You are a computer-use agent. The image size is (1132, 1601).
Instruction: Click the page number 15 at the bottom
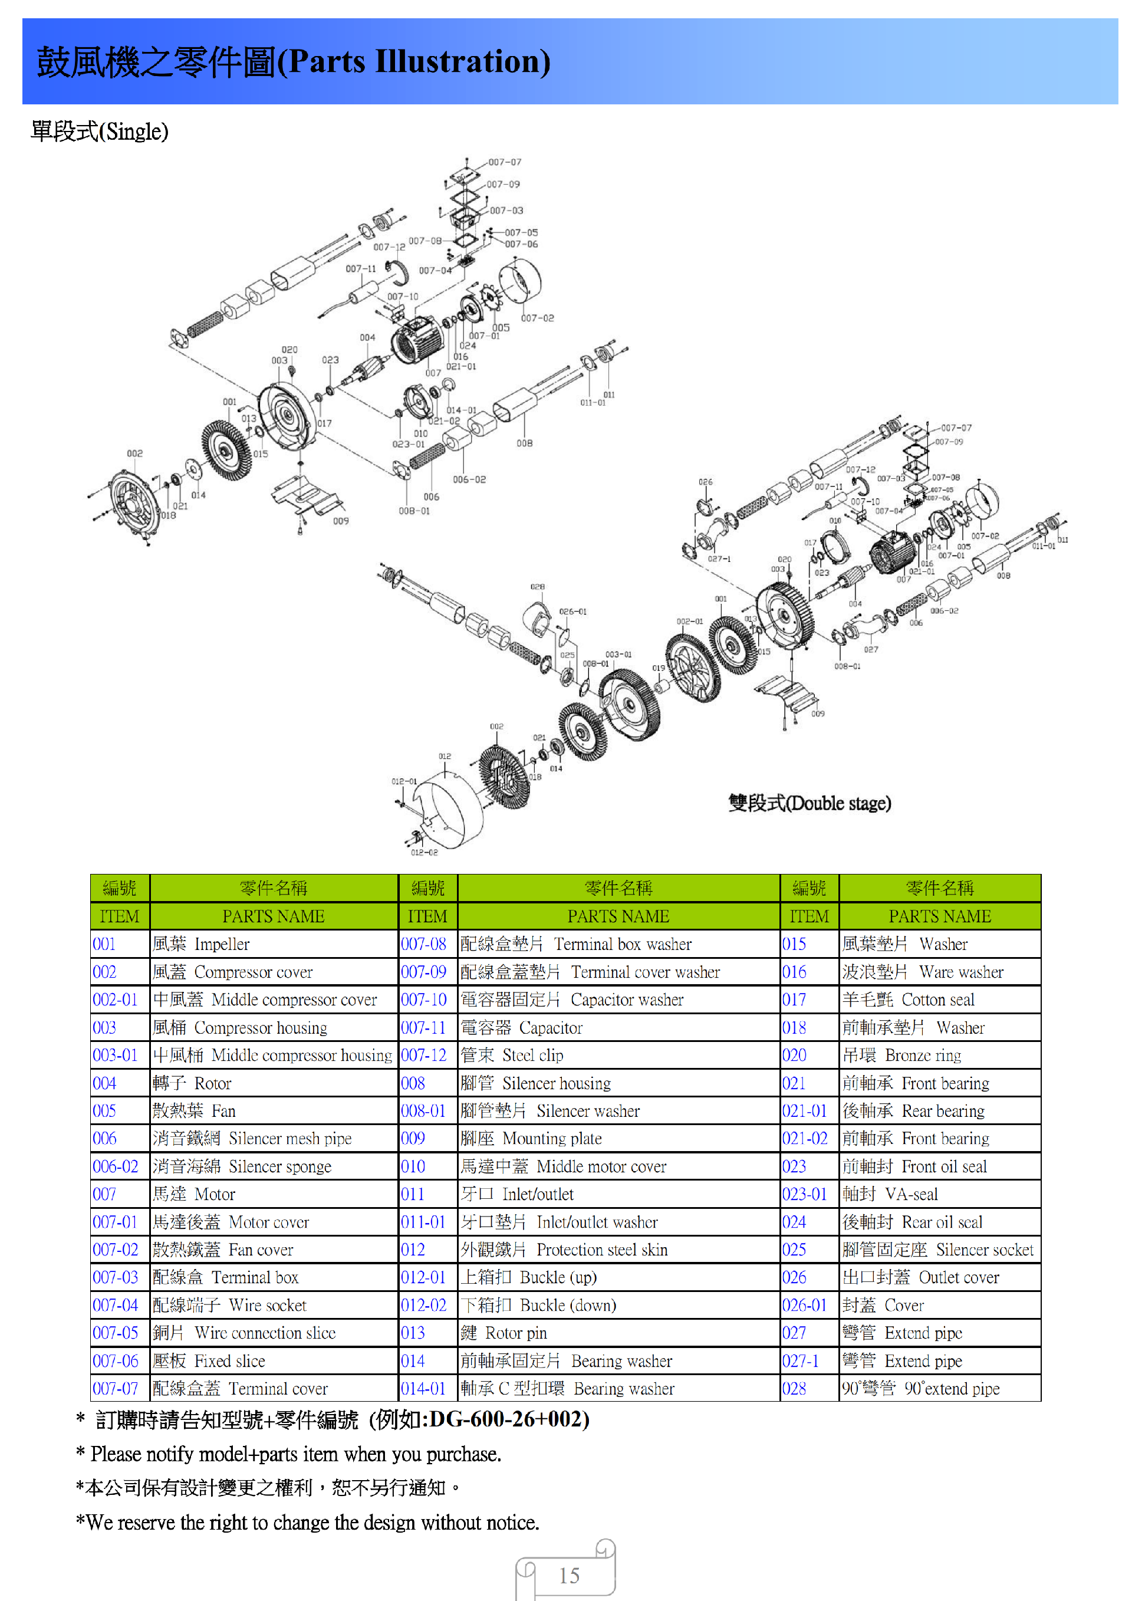(x=569, y=1575)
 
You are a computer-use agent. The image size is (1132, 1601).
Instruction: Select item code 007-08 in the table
(x=423, y=944)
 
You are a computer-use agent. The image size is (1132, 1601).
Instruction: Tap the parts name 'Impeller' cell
(x=222, y=944)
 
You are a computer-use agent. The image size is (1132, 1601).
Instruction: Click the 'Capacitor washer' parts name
(x=627, y=1000)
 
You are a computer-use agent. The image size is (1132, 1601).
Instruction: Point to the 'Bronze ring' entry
(x=922, y=1055)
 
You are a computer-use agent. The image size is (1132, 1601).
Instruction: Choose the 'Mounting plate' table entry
(x=551, y=1139)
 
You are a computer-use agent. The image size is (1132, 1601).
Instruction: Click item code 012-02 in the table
(x=423, y=1306)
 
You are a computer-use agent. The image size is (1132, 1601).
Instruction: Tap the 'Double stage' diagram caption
(x=809, y=803)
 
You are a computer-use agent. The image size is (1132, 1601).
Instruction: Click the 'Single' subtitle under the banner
(x=100, y=131)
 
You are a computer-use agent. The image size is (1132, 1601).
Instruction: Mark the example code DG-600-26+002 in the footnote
(x=509, y=1419)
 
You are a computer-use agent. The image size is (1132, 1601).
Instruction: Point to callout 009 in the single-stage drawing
(x=340, y=521)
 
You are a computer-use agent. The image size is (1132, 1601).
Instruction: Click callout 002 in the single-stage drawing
(x=134, y=453)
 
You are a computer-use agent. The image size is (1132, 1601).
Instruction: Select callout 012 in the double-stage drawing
(x=445, y=756)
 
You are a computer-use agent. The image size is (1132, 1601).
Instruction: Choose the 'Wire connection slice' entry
(x=265, y=1333)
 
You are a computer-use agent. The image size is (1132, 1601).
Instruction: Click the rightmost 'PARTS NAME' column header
(x=939, y=916)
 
